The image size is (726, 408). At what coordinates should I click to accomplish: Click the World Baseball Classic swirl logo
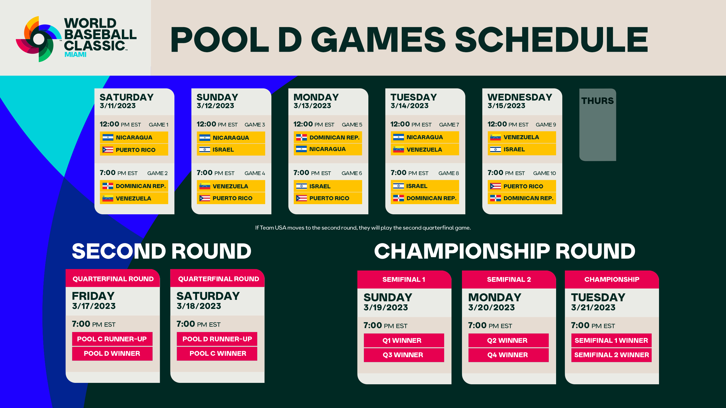(x=39, y=39)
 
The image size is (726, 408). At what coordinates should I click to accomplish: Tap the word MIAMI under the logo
(x=75, y=54)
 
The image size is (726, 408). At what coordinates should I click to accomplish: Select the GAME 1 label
(x=158, y=125)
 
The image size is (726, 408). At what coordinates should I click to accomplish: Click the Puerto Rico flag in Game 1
(x=108, y=150)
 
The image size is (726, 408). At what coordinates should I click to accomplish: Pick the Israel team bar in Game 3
(x=231, y=150)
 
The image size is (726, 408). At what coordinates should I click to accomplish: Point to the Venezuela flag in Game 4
(x=205, y=186)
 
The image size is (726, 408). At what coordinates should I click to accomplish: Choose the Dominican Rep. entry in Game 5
(x=328, y=138)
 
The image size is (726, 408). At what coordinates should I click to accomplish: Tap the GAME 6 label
(x=352, y=173)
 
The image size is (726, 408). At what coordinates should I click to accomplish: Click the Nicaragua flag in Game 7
(x=399, y=137)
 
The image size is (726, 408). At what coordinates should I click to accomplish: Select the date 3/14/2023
(x=409, y=106)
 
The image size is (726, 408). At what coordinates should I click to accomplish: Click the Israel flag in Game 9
(x=496, y=149)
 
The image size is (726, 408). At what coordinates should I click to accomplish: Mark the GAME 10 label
(x=544, y=173)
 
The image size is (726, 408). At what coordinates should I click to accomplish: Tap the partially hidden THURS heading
(x=597, y=101)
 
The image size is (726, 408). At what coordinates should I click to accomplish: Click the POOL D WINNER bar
(x=112, y=354)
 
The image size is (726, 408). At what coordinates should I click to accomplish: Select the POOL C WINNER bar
(x=217, y=354)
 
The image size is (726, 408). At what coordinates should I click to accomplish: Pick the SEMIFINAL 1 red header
(x=404, y=279)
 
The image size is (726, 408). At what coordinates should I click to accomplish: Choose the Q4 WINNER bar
(x=508, y=355)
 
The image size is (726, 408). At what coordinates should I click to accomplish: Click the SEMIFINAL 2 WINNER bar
(x=611, y=355)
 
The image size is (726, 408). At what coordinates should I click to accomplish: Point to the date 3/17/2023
(x=94, y=306)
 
